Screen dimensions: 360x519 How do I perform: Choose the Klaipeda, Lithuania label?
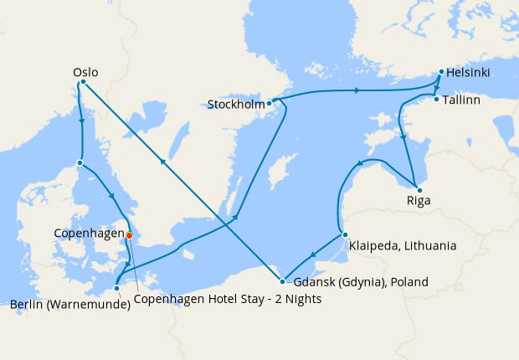coord(403,246)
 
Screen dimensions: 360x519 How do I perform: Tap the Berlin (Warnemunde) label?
coord(70,304)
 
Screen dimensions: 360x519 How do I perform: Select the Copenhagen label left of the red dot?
coord(88,233)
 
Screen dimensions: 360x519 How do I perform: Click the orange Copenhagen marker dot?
coord(129,235)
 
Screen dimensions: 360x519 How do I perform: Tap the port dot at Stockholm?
coord(269,104)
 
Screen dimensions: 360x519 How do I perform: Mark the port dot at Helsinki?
coord(439,73)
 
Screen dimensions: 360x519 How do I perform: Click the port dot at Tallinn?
coord(436,100)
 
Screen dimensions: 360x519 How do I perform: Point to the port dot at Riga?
coord(419,190)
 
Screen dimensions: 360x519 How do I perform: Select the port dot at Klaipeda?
coord(344,235)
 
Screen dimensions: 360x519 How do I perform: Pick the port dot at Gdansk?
coord(282,282)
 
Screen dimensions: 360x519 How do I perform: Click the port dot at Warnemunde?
coord(116,289)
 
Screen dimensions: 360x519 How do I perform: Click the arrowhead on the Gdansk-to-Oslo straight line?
coord(162,162)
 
